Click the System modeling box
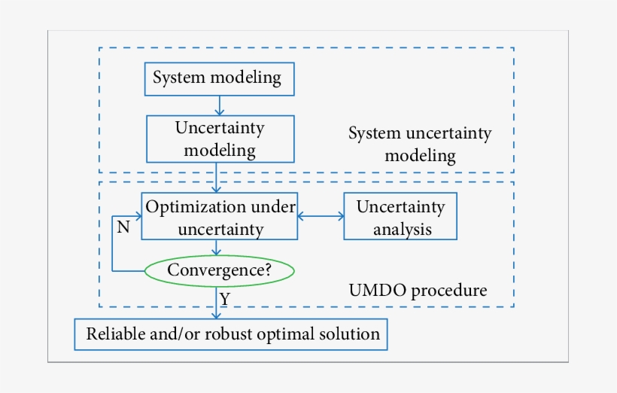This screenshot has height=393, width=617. coord(217,78)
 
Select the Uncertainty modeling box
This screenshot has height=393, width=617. coord(220,139)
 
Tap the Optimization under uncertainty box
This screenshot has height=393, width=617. coord(219,216)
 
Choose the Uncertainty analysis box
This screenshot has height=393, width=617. coord(400,216)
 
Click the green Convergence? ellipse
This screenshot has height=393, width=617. coord(219,270)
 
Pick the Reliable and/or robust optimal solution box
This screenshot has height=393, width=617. coord(232,334)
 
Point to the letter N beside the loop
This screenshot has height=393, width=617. coord(123,227)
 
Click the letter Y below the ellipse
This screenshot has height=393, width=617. coord(225,300)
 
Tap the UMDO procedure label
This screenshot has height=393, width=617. coord(418,290)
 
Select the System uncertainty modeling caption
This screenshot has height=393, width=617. coord(419,145)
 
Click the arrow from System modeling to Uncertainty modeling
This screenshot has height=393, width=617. coord(218,105)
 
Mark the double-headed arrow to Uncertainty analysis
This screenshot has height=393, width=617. coord(321,217)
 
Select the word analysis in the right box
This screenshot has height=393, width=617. coord(403,228)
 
